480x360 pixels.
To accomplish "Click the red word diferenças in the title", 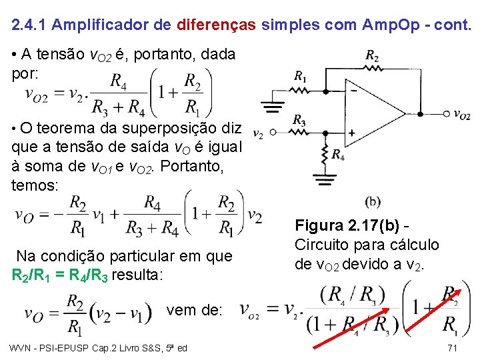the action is click(x=217, y=25).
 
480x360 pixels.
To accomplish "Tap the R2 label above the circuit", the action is click(x=372, y=56).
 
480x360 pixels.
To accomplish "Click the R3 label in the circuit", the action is click(x=299, y=120).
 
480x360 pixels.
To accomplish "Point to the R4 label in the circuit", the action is click(x=339, y=155).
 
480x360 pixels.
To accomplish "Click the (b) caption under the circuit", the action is click(x=374, y=201).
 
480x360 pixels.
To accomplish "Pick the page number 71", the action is click(x=452, y=348).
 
